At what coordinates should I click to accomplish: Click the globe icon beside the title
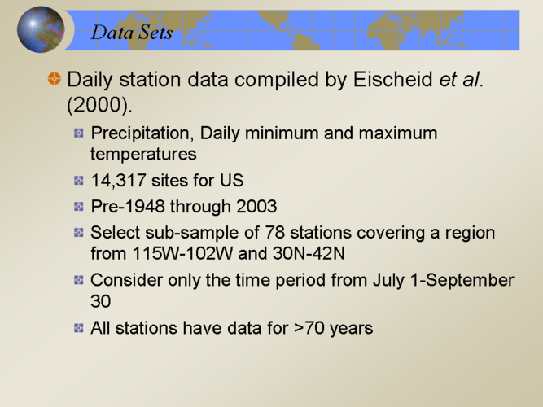click(x=41, y=29)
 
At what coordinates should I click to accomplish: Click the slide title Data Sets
click(x=132, y=33)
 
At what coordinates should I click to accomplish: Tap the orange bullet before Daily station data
click(x=54, y=78)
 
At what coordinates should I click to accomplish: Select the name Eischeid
click(x=393, y=79)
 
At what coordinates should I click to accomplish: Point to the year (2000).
click(x=100, y=104)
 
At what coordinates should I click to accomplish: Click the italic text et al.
click(x=462, y=79)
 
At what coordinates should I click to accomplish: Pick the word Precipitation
click(x=142, y=133)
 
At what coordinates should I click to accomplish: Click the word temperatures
click(x=143, y=155)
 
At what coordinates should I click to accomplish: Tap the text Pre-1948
click(x=128, y=207)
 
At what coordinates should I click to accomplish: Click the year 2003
click(x=256, y=207)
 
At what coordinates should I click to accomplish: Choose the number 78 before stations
click(x=275, y=233)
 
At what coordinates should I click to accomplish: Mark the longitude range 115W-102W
click(x=182, y=253)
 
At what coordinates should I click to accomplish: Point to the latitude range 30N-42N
click(x=309, y=253)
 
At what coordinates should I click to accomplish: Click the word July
click(x=388, y=281)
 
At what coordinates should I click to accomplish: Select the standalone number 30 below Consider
click(x=100, y=301)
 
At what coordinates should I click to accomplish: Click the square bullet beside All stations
click(x=79, y=328)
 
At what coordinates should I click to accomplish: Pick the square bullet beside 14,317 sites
click(x=79, y=181)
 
